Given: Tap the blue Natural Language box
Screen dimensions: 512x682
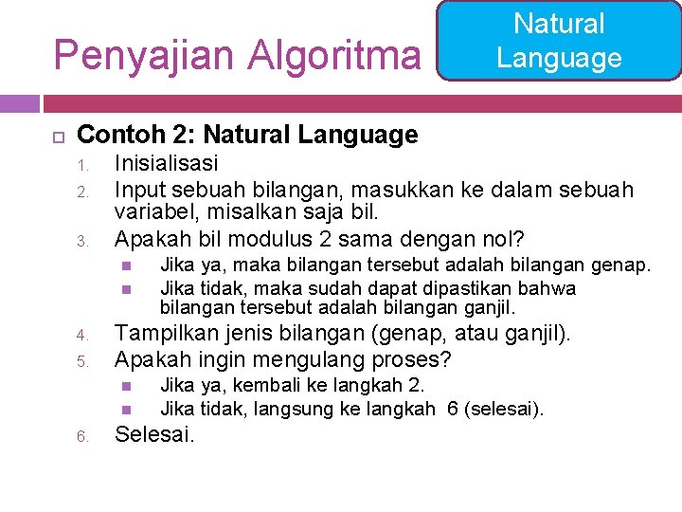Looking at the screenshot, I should tap(559, 41).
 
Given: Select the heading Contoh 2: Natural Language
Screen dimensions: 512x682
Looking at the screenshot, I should tap(247, 135).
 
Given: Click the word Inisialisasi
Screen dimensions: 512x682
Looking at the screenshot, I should tap(166, 163).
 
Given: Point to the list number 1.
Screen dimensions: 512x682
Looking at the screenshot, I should tap(81, 165).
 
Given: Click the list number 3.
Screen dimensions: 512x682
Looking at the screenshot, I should tap(81, 240).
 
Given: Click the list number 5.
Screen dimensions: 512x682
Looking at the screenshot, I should tap(81, 361).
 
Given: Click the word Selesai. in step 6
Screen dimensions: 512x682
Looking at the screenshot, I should tap(154, 435).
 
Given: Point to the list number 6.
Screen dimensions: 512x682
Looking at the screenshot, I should tap(81, 437).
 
